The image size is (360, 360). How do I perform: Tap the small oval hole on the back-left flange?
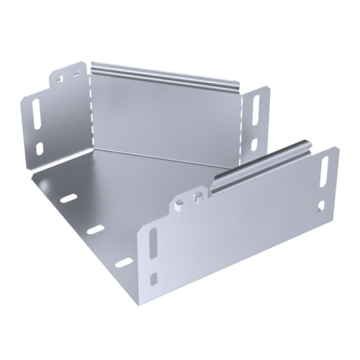(40, 148)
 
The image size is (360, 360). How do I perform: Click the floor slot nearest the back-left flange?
(68, 197)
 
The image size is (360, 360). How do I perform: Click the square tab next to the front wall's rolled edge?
(197, 196)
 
